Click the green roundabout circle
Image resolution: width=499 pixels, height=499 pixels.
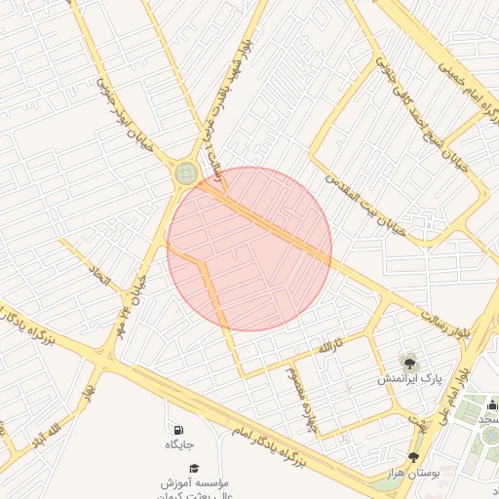click(x=186, y=173)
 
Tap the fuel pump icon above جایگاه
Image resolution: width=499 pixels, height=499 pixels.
click(x=177, y=430)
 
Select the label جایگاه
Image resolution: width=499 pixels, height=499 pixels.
click(x=178, y=445)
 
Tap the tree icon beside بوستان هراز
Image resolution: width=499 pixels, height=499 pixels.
click(x=413, y=457)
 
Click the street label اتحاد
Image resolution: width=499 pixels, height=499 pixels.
click(x=100, y=275)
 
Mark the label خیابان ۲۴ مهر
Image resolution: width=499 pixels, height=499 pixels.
click(x=133, y=297)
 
